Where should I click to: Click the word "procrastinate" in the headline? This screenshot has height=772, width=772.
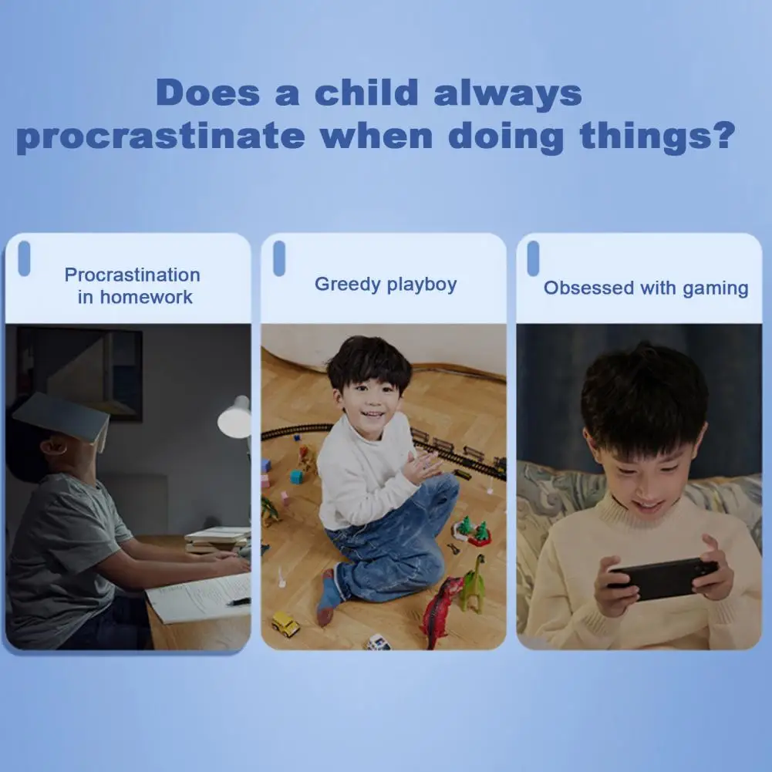point(161,137)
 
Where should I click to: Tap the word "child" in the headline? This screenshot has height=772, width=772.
point(367,92)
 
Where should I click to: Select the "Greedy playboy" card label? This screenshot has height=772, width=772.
point(386,285)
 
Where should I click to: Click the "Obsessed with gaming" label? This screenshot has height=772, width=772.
point(646,288)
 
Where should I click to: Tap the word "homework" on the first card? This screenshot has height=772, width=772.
point(147,297)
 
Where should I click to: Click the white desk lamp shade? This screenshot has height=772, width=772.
point(235,417)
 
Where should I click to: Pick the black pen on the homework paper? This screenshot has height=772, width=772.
point(239,601)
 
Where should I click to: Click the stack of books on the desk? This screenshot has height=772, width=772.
point(217,540)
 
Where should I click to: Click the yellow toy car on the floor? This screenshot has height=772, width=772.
point(285,624)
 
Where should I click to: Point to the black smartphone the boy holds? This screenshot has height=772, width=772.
point(662,578)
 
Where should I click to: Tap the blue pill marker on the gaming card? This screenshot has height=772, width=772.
point(533,258)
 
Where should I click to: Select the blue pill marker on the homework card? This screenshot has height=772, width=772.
point(24,258)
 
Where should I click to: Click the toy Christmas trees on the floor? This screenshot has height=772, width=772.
point(473,531)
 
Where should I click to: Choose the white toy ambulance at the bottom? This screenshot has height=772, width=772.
point(378,642)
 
